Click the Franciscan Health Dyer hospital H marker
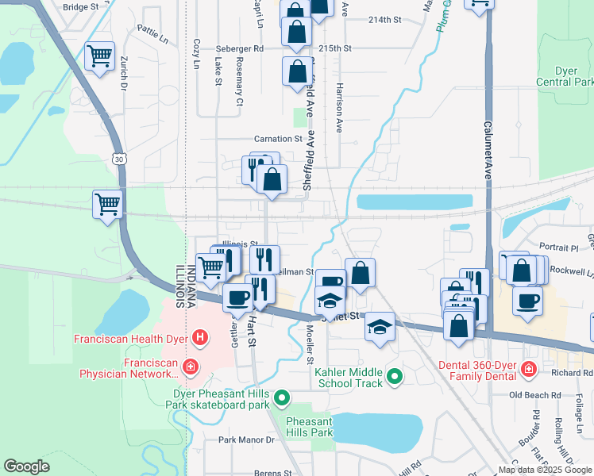point(200,339)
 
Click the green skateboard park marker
point(281,397)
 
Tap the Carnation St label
point(279,138)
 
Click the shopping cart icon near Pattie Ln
point(100,56)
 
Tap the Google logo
point(26,466)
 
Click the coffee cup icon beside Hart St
point(237,297)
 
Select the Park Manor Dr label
point(246,439)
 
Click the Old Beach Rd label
point(535,394)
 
